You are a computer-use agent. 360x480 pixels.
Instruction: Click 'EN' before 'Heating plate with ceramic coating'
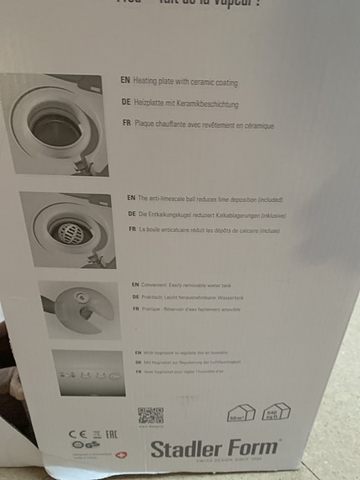click(125, 83)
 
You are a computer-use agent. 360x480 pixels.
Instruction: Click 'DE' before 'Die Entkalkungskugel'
click(131, 214)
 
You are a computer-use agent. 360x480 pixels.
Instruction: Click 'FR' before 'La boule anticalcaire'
click(131, 228)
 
